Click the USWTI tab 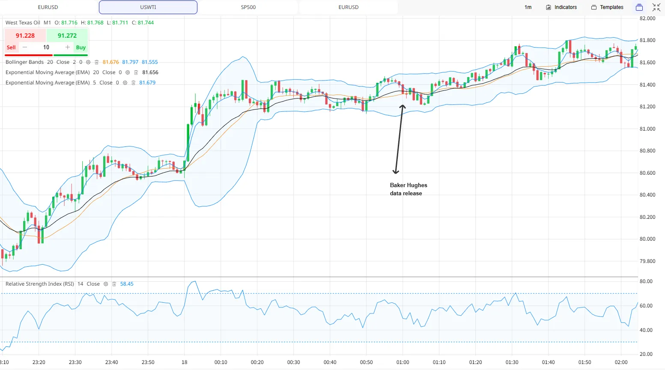click(148, 7)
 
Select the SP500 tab click(248, 7)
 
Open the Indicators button click(561, 7)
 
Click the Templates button click(607, 7)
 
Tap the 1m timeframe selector click(528, 7)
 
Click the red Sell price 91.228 click(25, 36)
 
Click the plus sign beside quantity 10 click(68, 47)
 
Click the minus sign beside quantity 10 click(25, 47)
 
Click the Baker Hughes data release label click(409, 189)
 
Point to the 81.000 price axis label click(647, 128)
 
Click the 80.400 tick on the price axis click(647, 195)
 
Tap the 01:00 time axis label click(403, 362)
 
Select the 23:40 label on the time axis click(112, 362)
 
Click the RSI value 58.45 click(127, 284)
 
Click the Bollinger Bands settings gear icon click(88, 62)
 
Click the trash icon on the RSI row click(114, 284)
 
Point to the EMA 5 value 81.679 click(147, 83)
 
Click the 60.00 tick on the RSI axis click(646, 306)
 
